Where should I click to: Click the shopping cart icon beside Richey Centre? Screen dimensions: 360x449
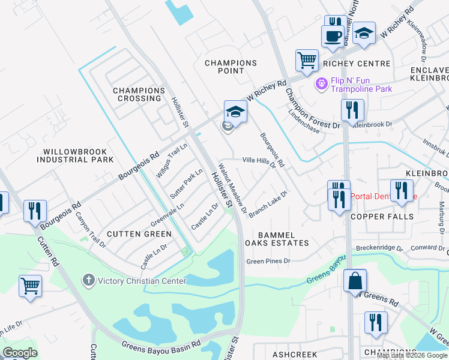(x=307, y=60)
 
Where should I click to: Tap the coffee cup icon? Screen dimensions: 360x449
(x=332, y=35)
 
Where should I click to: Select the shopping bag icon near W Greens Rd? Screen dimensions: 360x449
(x=355, y=280)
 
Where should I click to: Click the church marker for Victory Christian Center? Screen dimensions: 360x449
(x=88, y=280)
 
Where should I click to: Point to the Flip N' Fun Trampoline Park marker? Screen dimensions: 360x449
(x=321, y=83)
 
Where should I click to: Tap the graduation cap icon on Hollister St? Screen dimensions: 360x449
(x=235, y=112)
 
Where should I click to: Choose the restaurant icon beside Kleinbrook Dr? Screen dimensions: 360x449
(x=352, y=110)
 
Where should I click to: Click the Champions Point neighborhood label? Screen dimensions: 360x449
(x=231, y=67)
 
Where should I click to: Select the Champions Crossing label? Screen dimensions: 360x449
(x=139, y=94)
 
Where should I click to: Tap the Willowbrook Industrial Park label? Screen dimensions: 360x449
(x=75, y=156)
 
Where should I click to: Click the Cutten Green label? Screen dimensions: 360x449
(x=139, y=234)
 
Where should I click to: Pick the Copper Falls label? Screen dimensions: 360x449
(x=382, y=217)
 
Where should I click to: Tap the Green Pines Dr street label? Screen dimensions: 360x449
(x=268, y=261)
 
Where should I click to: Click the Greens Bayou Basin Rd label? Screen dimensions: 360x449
(x=161, y=346)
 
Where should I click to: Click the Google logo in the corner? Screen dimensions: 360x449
(x=20, y=353)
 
